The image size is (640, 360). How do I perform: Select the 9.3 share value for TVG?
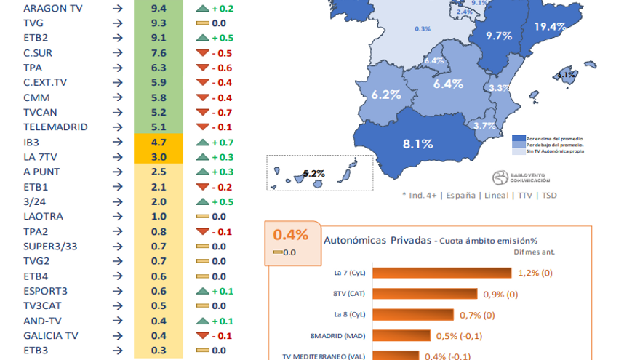(x=159, y=23)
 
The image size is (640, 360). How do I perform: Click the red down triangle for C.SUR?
(x=202, y=53)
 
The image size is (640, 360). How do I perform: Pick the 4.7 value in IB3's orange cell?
(x=159, y=142)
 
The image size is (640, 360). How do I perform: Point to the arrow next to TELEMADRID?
(x=118, y=127)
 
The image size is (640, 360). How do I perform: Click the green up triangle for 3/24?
(x=202, y=201)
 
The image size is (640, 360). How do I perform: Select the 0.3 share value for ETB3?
(x=159, y=351)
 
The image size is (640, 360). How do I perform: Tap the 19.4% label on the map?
(x=549, y=27)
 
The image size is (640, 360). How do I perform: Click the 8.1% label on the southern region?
(x=418, y=144)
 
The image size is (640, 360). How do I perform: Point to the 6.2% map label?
(x=386, y=95)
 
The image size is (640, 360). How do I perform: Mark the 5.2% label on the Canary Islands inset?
(x=313, y=174)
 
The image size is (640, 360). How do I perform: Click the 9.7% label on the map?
(x=500, y=36)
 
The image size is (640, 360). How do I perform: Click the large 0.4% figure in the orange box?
(x=291, y=235)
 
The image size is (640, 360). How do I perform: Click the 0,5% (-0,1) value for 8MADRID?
(x=459, y=336)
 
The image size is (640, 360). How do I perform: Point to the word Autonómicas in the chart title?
(x=354, y=240)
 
